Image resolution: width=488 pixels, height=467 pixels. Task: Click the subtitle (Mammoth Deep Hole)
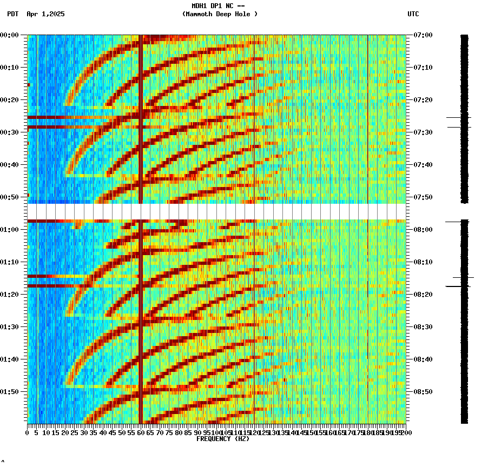click(x=220, y=14)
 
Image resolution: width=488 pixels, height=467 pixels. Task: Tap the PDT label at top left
click(x=13, y=14)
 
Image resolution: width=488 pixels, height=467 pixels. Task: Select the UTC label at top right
click(x=413, y=14)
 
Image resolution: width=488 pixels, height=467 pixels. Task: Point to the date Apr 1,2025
click(x=45, y=14)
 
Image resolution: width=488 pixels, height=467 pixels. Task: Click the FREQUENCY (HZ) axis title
click(x=222, y=439)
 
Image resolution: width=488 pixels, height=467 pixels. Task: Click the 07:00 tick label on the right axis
click(x=423, y=35)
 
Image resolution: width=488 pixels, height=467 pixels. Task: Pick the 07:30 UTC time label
click(x=423, y=132)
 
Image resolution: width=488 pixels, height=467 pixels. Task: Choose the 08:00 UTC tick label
click(x=423, y=230)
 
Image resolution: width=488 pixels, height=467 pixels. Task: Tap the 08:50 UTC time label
click(x=423, y=392)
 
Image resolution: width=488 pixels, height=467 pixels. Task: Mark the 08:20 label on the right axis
click(x=423, y=295)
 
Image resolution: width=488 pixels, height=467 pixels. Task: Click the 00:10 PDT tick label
click(x=10, y=68)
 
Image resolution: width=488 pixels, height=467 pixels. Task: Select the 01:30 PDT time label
click(x=10, y=327)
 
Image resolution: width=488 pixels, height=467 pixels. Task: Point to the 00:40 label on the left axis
click(x=10, y=165)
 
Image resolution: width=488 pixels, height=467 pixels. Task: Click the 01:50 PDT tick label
click(x=10, y=392)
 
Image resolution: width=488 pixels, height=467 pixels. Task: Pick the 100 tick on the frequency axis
click(x=216, y=433)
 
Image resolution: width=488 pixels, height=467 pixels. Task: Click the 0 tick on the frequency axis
click(x=28, y=433)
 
